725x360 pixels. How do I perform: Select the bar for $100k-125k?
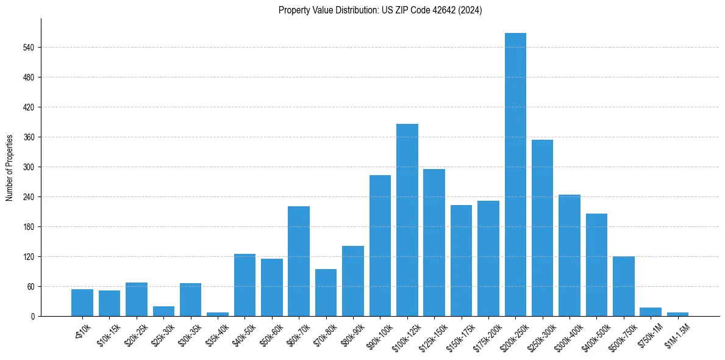coord(407,220)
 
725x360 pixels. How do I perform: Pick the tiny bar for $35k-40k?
coord(218,314)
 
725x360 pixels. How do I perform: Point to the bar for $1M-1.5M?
coord(677,314)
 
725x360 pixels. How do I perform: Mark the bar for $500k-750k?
coord(623,286)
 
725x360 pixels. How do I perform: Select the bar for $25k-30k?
coord(163,311)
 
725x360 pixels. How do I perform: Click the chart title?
coord(380,10)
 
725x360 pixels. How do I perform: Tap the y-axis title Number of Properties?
coord(10,167)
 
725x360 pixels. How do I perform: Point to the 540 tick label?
coord(29,48)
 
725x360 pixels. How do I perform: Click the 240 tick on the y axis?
coord(29,197)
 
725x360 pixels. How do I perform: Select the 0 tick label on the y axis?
coord(34,317)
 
